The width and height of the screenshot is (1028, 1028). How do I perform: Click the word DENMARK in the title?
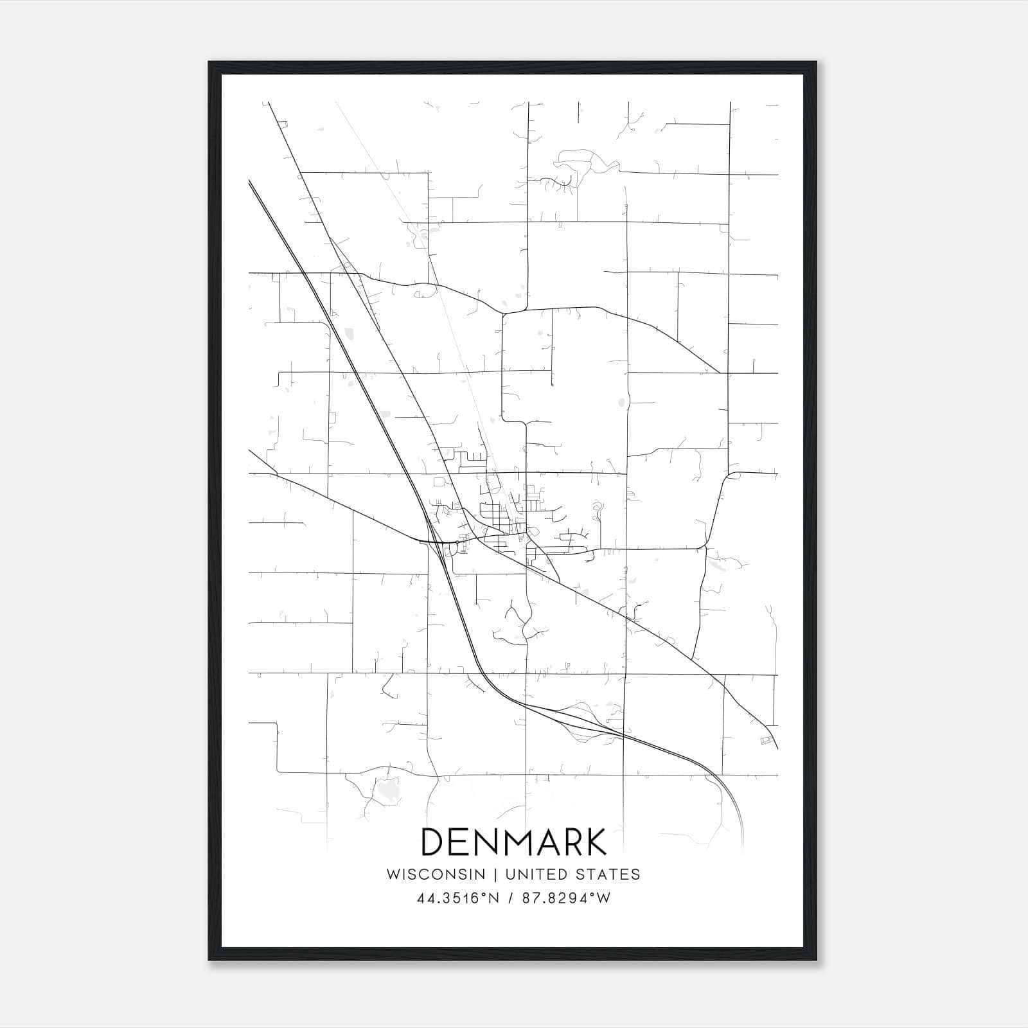[513, 842]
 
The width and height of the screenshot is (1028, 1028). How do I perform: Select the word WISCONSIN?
[436, 874]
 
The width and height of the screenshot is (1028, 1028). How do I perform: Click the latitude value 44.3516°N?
[458, 898]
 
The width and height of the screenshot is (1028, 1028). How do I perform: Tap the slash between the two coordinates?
[510, 898]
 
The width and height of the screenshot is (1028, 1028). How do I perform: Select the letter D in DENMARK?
[433, 842]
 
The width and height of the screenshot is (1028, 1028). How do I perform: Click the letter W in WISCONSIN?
[393, 874]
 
